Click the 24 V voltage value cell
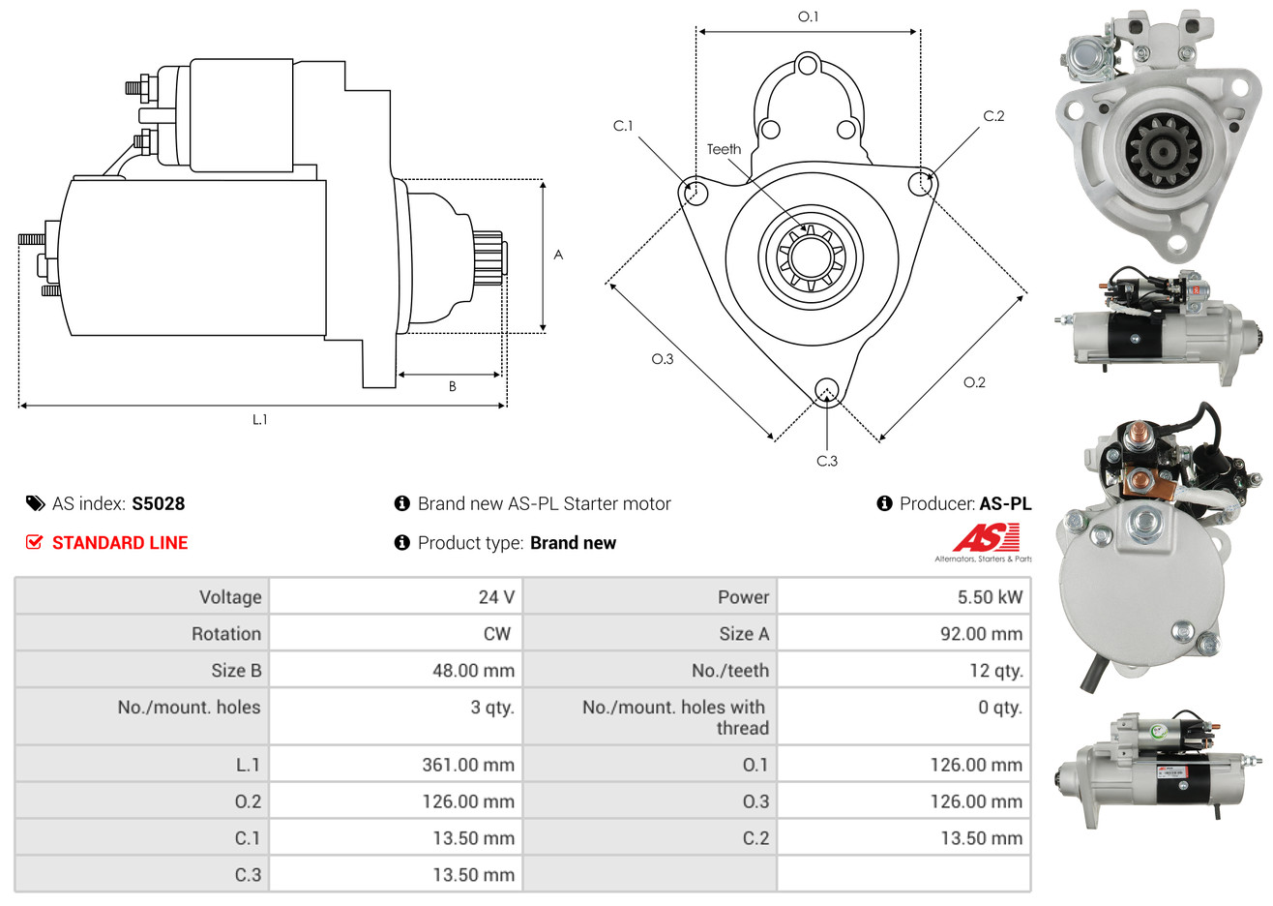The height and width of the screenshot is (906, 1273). [495, 597]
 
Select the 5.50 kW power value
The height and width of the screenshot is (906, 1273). [989, 597]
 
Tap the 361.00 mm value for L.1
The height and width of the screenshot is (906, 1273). [468, 765]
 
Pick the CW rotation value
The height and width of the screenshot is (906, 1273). [496, 634]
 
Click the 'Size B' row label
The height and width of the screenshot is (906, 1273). [236, 671]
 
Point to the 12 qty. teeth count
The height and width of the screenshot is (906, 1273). [996, 671]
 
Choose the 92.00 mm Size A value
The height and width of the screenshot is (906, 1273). [981, 634]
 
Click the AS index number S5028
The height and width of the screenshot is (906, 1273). [158, 503]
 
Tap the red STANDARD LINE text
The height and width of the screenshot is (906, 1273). [120, 543]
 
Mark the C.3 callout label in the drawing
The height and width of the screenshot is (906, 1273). [827, 461]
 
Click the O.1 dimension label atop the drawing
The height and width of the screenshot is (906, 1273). [808, 16]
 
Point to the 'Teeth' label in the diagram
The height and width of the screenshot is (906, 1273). [724, 149]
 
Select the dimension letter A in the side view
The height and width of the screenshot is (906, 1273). [558, 255]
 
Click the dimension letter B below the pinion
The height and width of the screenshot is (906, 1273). [452, 386]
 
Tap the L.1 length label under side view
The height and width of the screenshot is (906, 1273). [259, 419]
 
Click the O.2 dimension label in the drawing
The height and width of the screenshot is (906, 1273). [974, 382]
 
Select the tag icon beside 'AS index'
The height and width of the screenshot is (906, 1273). [35, 503]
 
